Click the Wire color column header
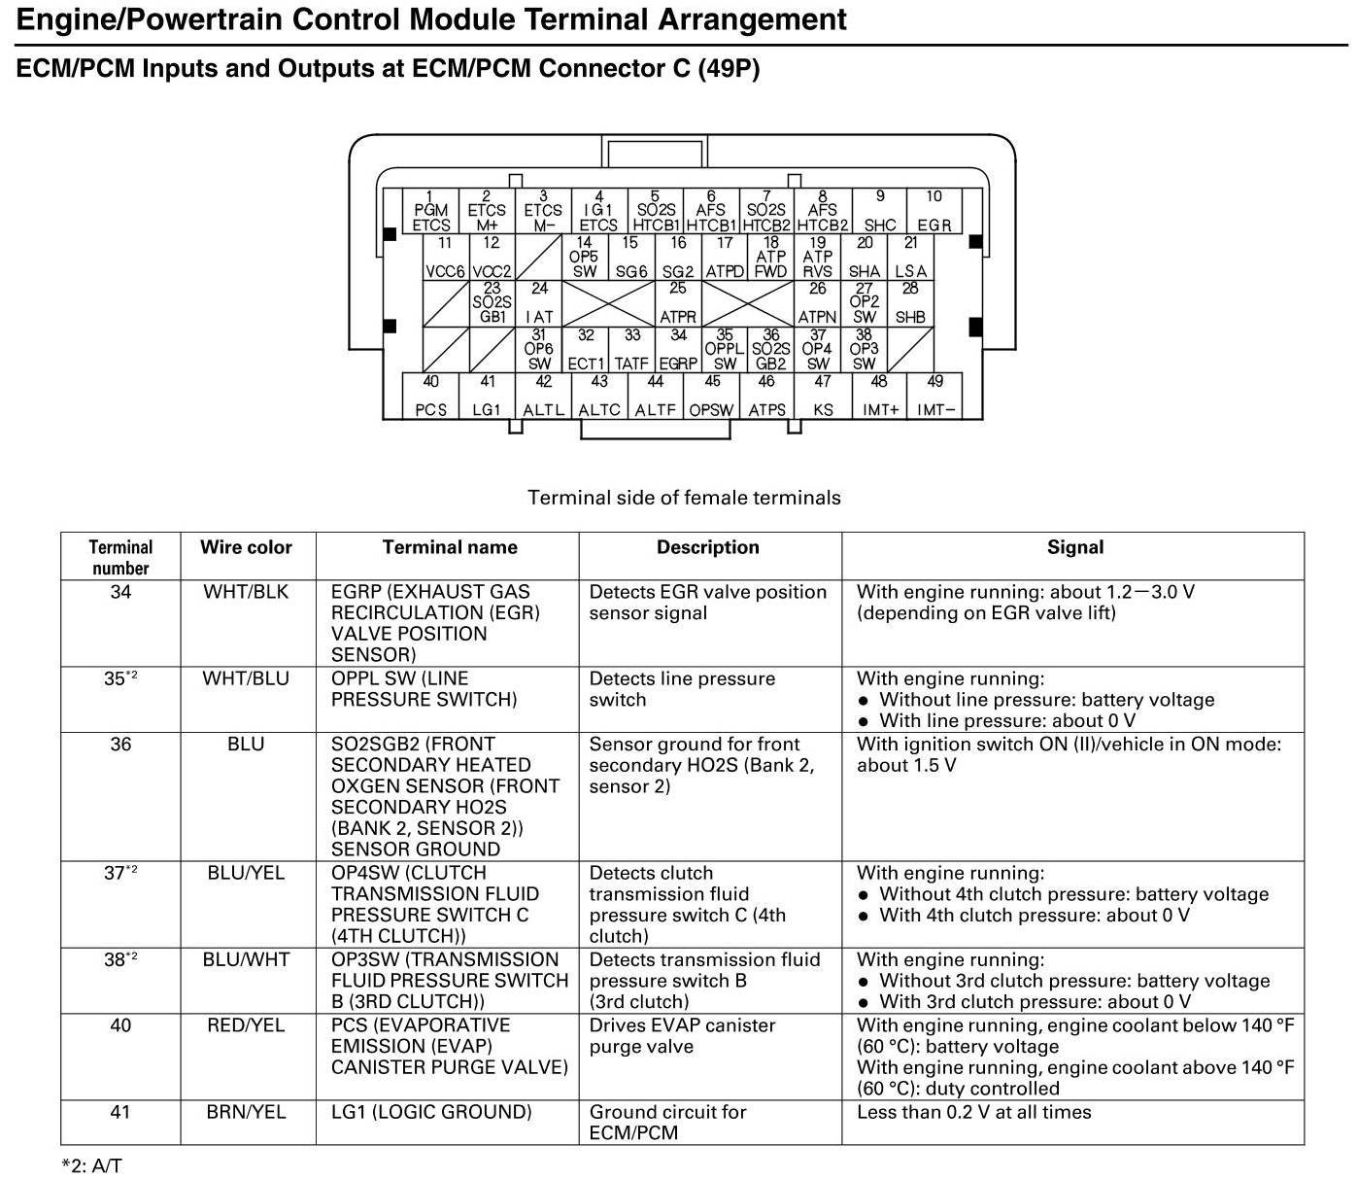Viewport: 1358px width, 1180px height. pos(246,547)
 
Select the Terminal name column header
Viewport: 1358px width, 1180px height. pos(450,547)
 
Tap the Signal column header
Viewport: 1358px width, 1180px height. pos(1074,547)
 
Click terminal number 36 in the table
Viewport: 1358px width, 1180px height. pos(120,745)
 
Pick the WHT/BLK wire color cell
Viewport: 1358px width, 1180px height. pos(246,592)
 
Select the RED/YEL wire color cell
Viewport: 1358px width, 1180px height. pos(246,1025)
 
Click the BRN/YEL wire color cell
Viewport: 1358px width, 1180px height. pos(246,1112)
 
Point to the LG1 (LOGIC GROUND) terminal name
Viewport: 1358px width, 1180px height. pos(431,1112)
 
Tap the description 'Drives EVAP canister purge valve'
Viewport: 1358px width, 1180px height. pos(682,1036)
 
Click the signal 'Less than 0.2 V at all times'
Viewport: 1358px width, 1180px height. pos(973,1112)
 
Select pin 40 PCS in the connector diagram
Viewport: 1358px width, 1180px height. pos(431,397)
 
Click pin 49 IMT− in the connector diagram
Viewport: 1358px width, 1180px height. pos(934,397)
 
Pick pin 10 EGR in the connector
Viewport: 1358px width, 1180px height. pos(934,211)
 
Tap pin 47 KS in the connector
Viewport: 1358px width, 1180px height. pos(823,397)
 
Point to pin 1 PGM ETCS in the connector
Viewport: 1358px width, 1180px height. pos(431,211)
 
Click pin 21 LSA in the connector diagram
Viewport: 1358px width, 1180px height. pos(910,258)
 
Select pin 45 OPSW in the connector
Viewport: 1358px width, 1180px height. pos(711,397)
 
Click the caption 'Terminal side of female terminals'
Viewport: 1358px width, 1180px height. pos(684,498)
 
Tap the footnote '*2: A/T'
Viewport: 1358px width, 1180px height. pos(91,1165)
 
